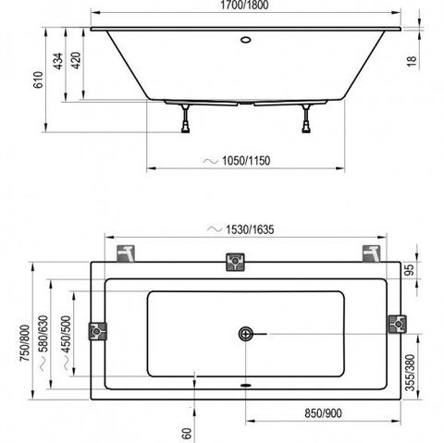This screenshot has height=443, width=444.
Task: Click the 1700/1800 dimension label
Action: [x=244, y=5]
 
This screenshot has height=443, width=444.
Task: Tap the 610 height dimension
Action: [x=38, y=80]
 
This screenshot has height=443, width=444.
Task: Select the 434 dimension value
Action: [x=58, y=61]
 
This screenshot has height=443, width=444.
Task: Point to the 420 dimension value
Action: [x=76, y=60]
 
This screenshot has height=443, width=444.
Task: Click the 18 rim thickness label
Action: [x=412, y=61]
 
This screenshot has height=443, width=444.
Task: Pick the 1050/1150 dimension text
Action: [x=246, y=161]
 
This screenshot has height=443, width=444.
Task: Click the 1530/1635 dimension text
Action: [x=250, y=229]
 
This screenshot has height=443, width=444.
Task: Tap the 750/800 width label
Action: [x=25, y=343]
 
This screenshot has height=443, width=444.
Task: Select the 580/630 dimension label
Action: [x=43, y=334]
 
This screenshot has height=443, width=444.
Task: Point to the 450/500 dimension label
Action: [x=66, y=335]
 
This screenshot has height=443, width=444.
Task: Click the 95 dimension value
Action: [x=410, y=270]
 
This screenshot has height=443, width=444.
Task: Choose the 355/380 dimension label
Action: [x=410, y=373]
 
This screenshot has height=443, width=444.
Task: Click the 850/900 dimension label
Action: [x=323, y=413]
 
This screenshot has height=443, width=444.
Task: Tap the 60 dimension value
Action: [x=187, y=434]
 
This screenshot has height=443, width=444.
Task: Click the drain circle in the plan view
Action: [x=246, y=334]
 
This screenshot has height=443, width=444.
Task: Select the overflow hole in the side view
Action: [x=246, y=40]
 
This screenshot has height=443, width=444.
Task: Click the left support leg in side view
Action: [x=186, y=118]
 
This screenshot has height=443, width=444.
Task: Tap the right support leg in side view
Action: [x=306, y=118]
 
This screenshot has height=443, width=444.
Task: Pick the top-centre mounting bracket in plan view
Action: [x=235, y=262]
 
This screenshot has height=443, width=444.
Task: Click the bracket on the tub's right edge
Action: [x=398, y=324]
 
